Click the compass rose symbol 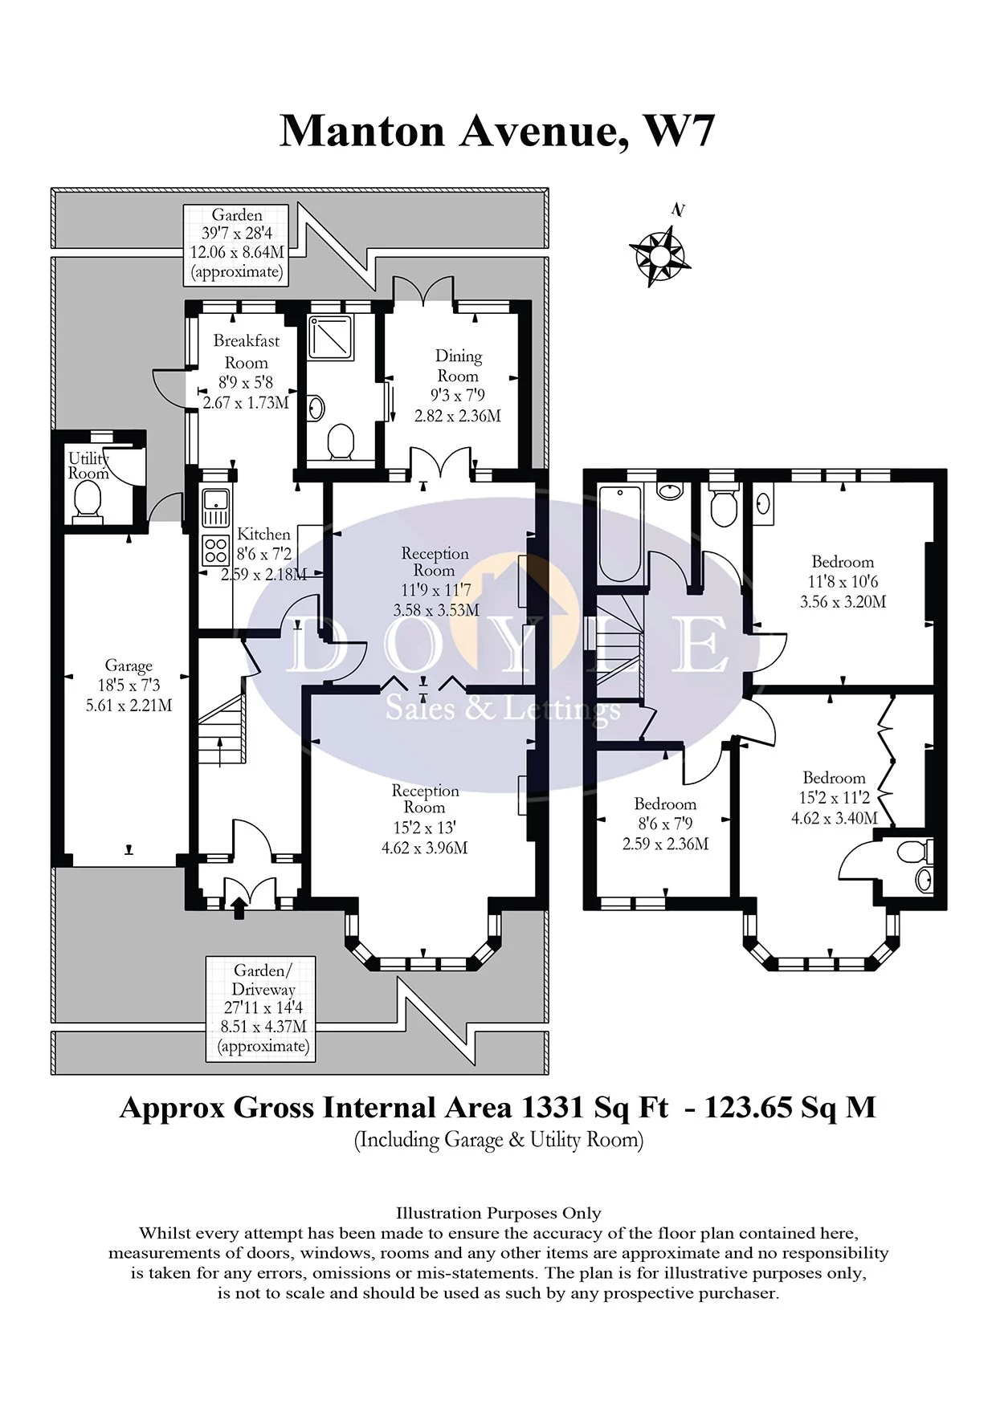[x=659, y=255]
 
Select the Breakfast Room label [x=246, y=351]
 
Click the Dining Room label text [x=458, y=365]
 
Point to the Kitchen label [x=263, y=534]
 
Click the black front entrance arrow [x=238, y=908]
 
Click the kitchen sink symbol [x=215, y=508]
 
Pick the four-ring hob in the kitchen [x=215, y=551]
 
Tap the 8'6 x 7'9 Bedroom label [x=665, y=824]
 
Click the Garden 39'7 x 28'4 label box [x=236, y=243]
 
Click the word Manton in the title [x=362, y=131]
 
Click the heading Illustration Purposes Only [x=498, y=1213]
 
